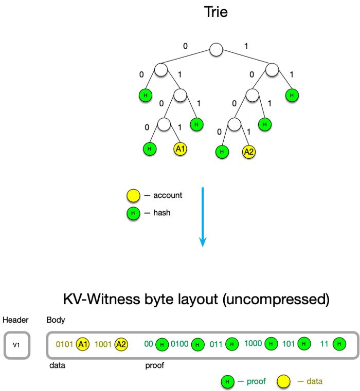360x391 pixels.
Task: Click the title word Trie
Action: [215, 12]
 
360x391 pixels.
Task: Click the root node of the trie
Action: [216, 49]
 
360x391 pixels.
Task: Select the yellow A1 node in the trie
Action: [180, 149]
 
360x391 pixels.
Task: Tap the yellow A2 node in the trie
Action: [248, 152]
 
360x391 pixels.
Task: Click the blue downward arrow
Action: [203, 217]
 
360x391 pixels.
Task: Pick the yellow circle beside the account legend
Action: [133, 195]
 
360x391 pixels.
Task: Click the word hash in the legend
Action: [162, 213]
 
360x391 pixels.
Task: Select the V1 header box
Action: [17, 345]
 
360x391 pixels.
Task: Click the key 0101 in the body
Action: [64, 344]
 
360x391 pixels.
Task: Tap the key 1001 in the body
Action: [103, 344]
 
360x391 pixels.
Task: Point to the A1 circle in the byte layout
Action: [83, 344]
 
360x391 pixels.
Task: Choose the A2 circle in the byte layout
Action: [121, 344]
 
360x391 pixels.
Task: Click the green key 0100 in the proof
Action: [179, 344]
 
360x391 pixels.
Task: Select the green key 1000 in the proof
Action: [253, 343]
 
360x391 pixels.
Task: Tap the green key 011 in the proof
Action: [216, 344]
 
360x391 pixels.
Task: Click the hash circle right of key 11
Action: [339, 344]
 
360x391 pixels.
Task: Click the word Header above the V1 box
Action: [15, 320]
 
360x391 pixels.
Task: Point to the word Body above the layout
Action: [56, 320]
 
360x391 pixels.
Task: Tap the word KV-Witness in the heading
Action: [101, 299]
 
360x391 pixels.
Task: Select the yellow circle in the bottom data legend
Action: [283, 382]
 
